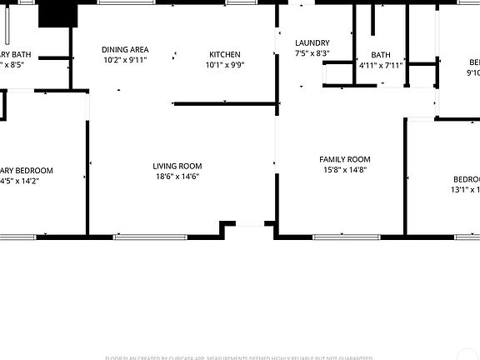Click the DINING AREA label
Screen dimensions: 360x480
125,49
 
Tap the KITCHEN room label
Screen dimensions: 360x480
224,55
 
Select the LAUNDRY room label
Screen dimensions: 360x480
312,43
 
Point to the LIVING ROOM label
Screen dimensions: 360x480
177,166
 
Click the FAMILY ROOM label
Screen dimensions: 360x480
345,159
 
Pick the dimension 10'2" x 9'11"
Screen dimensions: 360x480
125,60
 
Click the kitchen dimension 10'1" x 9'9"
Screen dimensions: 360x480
224,65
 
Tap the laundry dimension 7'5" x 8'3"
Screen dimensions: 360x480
312,53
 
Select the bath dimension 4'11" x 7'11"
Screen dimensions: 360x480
381,65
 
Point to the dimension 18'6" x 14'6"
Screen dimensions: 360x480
177,177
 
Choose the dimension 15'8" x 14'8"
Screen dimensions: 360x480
345,170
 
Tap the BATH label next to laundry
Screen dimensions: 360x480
381,55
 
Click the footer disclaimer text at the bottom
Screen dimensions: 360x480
239,357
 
